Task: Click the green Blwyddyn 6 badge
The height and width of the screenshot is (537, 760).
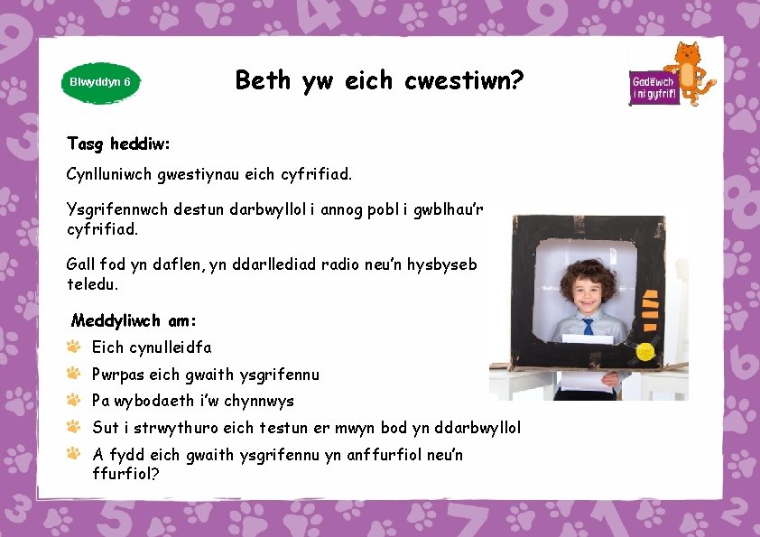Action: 100,81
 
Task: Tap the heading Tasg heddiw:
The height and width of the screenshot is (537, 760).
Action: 118,144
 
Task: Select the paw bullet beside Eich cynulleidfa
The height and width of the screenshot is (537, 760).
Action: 74,347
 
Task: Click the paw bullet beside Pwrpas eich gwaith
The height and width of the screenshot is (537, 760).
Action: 74,373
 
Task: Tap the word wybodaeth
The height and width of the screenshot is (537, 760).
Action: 156,401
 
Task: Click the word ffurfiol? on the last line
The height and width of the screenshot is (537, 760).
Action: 125,472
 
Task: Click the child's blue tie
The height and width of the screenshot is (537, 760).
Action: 588,326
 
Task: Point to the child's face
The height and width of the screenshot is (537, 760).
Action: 585,290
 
